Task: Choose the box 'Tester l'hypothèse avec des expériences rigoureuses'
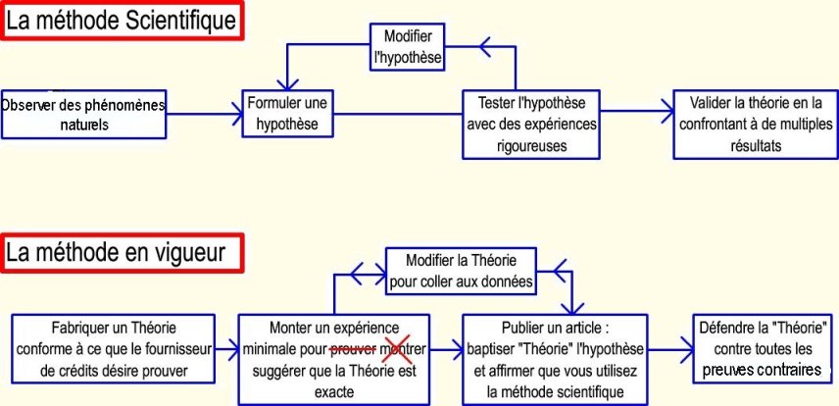530,124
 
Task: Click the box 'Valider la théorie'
756,124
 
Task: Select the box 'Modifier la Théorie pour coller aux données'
460,272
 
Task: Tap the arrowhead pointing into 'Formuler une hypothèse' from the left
236,116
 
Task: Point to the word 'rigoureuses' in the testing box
531,145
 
